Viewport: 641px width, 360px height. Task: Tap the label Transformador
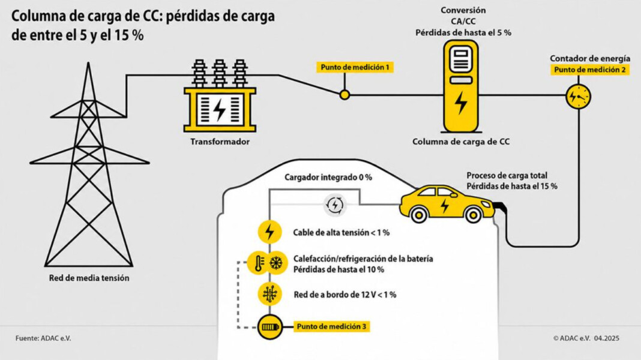220,142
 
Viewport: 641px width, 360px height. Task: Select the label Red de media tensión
89,278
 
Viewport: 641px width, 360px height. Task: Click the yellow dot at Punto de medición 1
345,95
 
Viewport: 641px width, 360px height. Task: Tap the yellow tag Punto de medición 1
355,67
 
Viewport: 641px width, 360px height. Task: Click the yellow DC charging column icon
461,86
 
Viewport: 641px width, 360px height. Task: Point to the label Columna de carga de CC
461,142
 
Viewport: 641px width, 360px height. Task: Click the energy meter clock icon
579,97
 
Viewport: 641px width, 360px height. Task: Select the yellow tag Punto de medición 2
589,70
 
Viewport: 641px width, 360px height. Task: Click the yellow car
447,204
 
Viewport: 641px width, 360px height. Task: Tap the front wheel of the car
473,214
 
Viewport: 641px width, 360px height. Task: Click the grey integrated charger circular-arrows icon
335,205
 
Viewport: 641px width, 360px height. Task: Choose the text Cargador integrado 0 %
328,178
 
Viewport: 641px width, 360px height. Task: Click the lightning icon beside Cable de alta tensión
270,232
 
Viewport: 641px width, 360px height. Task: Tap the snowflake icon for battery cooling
277,262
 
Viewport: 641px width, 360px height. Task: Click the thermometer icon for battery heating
259,263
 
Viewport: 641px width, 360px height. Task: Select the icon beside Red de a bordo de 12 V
270,294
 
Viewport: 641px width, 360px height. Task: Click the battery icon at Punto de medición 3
270,327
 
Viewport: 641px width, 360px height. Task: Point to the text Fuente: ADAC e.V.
43,338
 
